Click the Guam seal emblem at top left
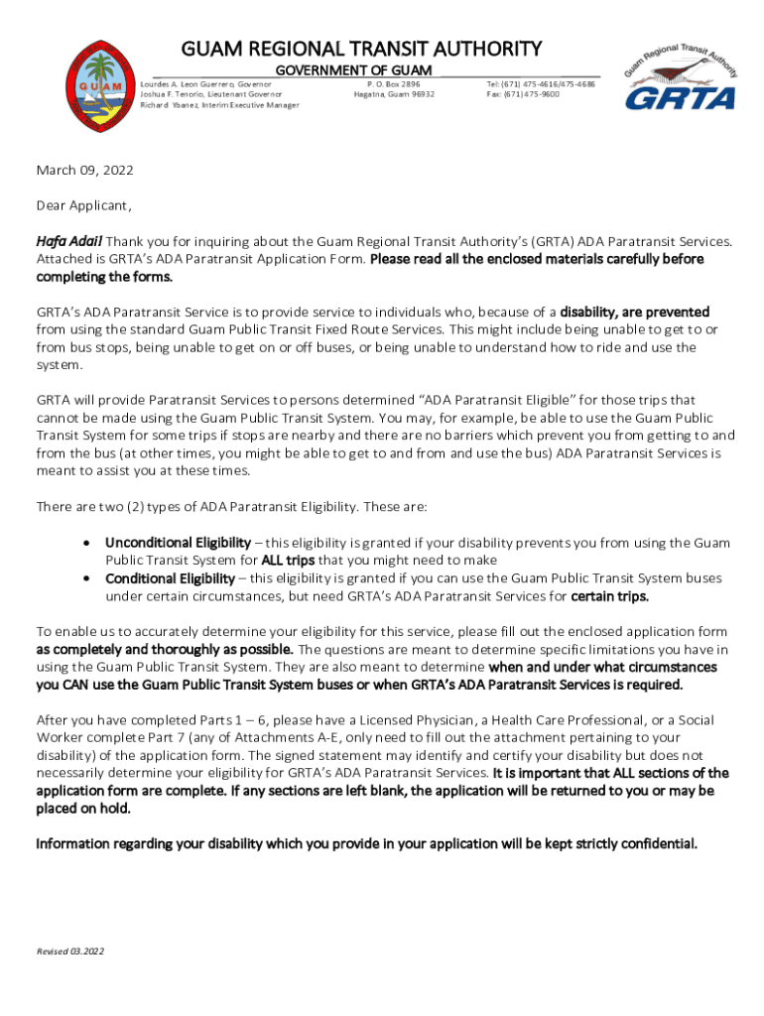[x=98, y=88]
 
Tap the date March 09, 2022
[x=84, y=171]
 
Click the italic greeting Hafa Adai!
[x=69, y=241]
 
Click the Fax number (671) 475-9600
[x=523, y=94]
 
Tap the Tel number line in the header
[x=541, y=84]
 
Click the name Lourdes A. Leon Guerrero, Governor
[x=205, y=84]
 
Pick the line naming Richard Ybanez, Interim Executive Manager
[x=219, y=104]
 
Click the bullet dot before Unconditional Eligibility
[x=89, y=543]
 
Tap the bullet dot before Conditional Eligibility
[x=89, y=577]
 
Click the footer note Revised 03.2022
[x=70, y=952]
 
